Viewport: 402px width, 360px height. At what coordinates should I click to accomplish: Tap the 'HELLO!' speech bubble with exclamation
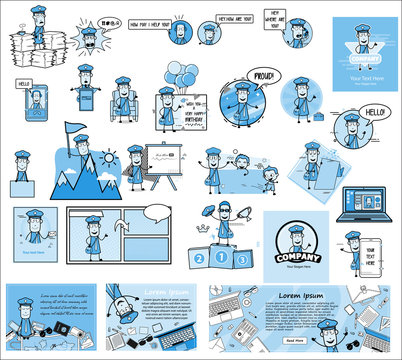377,112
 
